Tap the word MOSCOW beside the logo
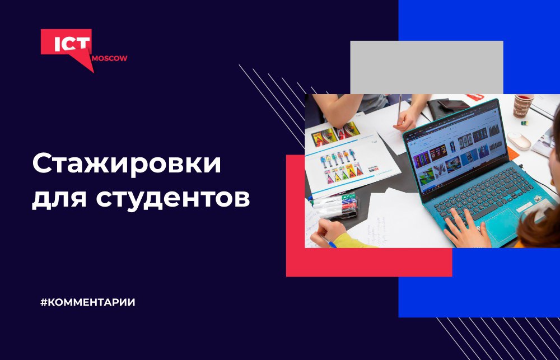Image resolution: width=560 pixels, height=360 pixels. [109, 59]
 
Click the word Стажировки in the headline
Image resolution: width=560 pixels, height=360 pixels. [127, 165]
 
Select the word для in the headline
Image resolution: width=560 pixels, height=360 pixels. [59, 199]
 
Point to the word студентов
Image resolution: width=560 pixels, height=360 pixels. [173, 198]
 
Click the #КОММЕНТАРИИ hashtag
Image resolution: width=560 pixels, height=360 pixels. [88, 302]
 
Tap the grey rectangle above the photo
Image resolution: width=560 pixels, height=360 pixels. [426, 67]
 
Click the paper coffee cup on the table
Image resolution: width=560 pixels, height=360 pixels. [523, 106]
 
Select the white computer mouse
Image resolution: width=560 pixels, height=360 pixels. [519, 141]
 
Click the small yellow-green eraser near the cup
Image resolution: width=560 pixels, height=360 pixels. [524, 123]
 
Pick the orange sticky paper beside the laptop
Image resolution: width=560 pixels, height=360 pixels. [512, 153]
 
